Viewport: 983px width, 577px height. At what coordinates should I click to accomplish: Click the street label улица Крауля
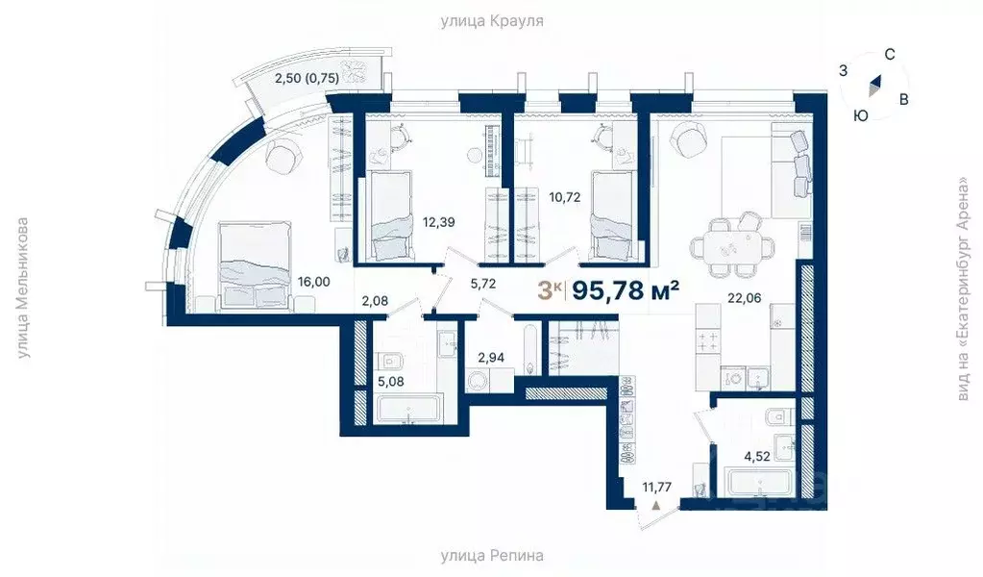[492, 19]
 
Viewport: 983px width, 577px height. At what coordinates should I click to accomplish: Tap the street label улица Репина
[492, 556]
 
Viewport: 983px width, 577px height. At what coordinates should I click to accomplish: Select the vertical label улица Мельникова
[24, 288]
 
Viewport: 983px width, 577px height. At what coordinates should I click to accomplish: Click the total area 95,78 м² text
[626, 289]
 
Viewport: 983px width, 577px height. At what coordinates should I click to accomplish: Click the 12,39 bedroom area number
[437, 222]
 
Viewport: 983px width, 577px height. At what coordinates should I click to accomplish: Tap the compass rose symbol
[874, 87]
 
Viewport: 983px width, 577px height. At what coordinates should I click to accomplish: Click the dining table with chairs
[735, 245]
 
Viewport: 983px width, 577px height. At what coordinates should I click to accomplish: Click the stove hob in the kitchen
[708, 340]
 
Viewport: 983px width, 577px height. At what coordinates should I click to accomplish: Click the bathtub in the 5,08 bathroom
[407, 412]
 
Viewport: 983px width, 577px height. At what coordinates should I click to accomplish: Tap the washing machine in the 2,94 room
[478, 382]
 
